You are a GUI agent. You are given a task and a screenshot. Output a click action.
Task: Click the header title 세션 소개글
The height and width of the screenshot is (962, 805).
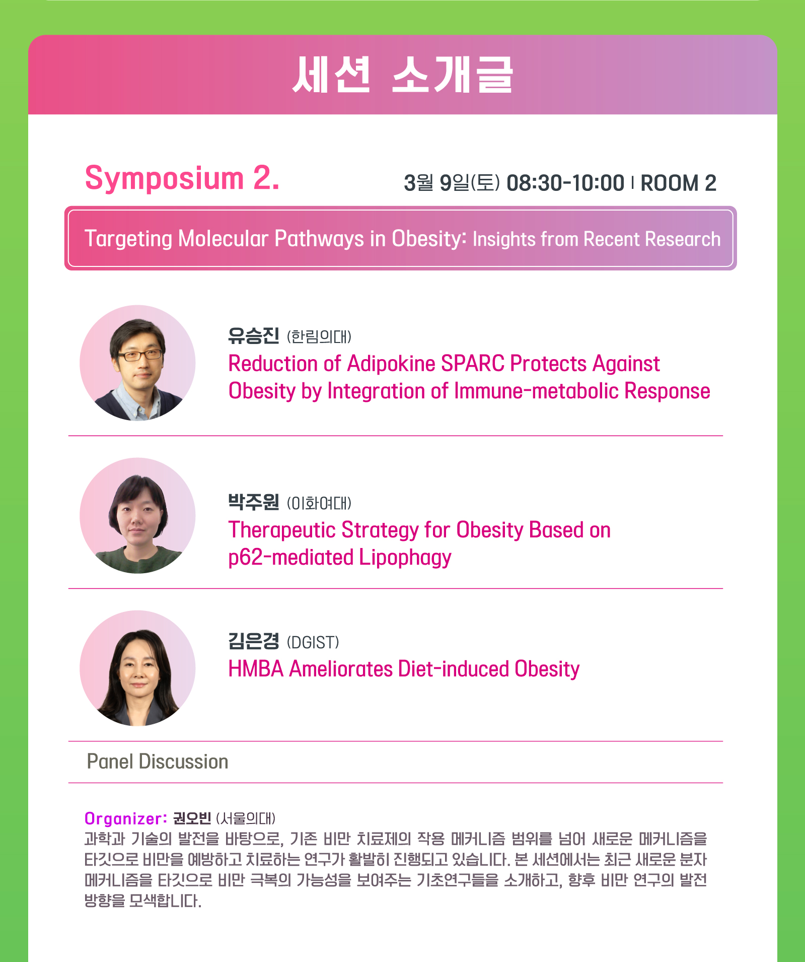[x=402, y=75]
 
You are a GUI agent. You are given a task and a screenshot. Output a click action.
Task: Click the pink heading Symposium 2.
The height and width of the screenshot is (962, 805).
[x=182, y=178]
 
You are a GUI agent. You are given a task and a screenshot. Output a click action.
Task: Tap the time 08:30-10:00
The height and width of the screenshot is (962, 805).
[x=565, y=183]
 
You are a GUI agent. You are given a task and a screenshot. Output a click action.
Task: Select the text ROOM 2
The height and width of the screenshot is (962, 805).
[x=678, y=183]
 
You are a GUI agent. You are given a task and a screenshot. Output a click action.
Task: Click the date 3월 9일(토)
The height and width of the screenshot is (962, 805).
[x=452, y=183]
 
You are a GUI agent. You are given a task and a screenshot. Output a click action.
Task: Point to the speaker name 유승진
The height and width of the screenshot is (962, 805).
[x=253, y=335]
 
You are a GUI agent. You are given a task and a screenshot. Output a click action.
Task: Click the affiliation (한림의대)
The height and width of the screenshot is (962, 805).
[x=319, y=336]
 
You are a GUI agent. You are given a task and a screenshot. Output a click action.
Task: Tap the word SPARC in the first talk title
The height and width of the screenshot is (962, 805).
[x=473, y=364]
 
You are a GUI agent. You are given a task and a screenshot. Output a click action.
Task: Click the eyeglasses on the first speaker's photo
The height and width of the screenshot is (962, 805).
[x=140, y=355]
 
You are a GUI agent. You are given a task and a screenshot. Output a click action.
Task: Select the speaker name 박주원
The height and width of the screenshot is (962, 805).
[x=253, y=502]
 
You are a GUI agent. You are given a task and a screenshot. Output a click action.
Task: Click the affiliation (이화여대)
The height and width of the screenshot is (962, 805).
[x=319, y=503]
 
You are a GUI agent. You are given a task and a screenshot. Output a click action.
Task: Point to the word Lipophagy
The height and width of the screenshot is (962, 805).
[x=405, y=558]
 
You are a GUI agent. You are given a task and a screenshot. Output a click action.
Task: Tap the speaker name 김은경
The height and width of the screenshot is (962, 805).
[x=253, y=641]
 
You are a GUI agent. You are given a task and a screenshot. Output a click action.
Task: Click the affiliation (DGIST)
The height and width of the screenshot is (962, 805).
[x=313, y=642]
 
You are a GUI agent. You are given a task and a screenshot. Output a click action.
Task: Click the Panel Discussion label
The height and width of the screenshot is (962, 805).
[x=158, y=762]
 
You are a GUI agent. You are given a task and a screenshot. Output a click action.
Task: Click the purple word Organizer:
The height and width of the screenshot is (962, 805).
[x=126, y=818]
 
